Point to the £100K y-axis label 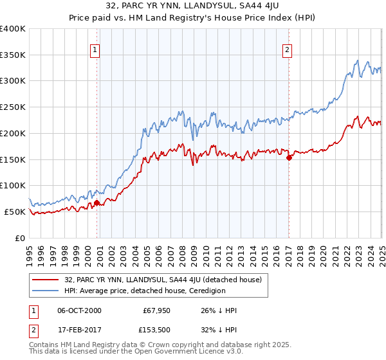click(13, 185)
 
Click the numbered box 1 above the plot click(95, 50)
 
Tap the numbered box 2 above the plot click(287, 50)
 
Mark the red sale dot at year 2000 click(97, 203)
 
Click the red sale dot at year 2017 click(289, 157)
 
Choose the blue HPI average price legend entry click(144, 291)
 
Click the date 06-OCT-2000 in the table click(79, 310)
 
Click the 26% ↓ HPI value click(219, 310)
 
